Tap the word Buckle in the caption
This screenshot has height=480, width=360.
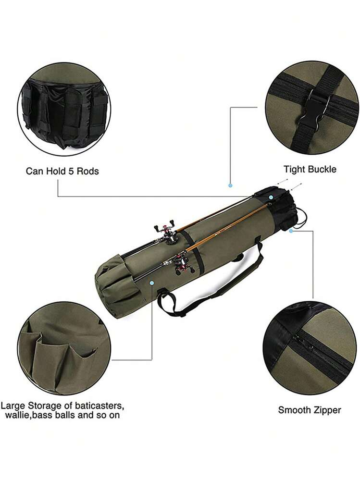(x=323, y=169)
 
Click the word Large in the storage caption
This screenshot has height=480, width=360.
(x=12, y=405)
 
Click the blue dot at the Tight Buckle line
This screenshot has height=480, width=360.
(x=230, y=185)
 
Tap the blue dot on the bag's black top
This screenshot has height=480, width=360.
(x=271, y=197)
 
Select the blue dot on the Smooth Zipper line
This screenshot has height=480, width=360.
(x=291, y=231)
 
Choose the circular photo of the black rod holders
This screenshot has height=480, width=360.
(x=63, y=110)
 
